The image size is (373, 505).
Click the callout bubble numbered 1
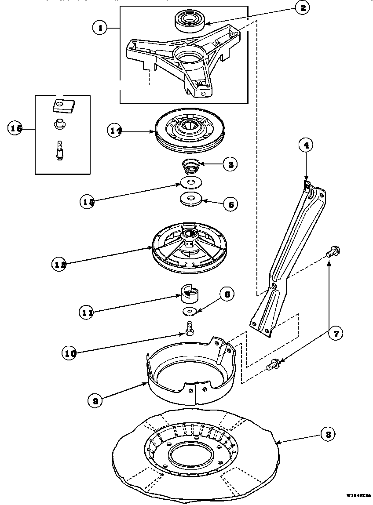pos(101,28)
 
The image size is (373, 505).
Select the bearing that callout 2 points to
pos(189,21)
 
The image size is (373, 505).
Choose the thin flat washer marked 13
pos(190,182)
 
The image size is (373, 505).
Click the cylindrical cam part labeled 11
pos(190,293)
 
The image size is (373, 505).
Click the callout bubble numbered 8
pos(326,435)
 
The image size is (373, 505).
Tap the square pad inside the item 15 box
pos(62,105)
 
